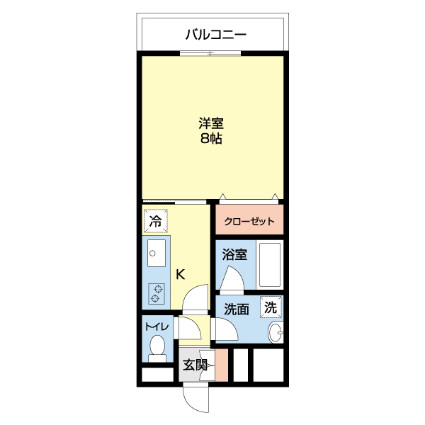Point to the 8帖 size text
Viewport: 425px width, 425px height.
click(x=211, y=139)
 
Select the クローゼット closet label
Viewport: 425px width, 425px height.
click(x=249, y=222)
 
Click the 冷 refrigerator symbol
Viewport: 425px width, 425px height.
click(x=155, y=220)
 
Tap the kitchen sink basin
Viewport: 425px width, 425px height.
click(x=155, y=254)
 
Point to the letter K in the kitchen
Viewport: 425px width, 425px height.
click(x=181, y=274)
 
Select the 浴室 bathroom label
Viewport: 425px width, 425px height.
click(x=234, y=254)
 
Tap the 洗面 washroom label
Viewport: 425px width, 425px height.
click(x=237, y=309)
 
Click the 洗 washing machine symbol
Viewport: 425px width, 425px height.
click(x=271, y=307)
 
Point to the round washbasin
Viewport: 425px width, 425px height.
click(x=276, y=333)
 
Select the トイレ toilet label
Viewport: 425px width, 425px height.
click(x=157, y=327)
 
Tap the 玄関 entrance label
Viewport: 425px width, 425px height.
click(x=195, y=365)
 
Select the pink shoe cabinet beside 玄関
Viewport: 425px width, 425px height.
click(x=221, y=366)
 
